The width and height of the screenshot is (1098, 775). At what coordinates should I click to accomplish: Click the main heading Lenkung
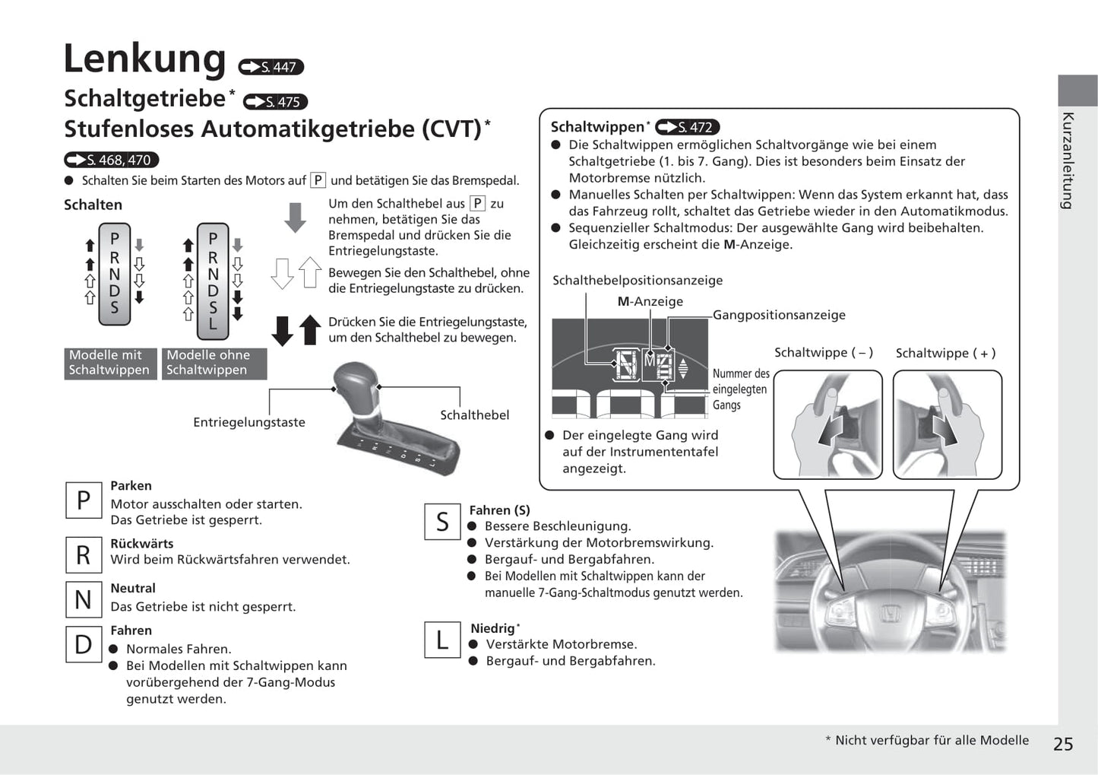point(144,59)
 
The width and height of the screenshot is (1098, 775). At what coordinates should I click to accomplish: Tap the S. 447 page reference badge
point(271,67)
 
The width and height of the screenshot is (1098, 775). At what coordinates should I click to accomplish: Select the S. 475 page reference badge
point(275,102)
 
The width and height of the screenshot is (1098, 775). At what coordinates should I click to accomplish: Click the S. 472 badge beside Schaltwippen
point(687,127)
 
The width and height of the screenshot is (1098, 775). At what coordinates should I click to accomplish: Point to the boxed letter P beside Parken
point(84,500)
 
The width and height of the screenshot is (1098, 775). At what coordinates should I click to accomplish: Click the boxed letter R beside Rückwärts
point(84,554)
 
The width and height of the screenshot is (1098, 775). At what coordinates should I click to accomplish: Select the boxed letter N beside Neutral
point(84,599)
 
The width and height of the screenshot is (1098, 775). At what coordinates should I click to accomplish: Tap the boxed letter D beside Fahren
point(84,644)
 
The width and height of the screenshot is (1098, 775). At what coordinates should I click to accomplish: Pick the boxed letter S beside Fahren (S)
point(442,522)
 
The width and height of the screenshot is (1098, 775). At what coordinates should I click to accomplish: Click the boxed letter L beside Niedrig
point(442,640)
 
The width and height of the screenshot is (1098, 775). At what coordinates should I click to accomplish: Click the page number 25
point(1063,744)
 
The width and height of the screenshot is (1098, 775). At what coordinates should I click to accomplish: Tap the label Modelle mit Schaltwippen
point(110,363)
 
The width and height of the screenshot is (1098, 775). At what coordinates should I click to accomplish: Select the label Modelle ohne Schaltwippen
point(214,363)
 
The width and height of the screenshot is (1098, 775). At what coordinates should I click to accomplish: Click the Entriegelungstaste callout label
point(249,422)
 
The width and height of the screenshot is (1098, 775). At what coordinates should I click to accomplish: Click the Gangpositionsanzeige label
point(779,315)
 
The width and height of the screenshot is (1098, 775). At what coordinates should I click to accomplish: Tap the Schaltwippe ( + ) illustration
point(947,424)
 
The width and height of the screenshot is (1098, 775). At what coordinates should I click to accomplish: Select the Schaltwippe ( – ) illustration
point(827,424)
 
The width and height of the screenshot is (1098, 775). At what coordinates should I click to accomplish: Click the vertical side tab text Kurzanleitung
point(1068,160)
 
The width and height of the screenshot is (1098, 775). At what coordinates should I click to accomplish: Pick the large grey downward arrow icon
point(295,218)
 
